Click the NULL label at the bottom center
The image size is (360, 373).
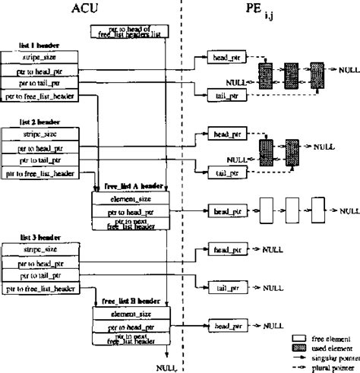166,367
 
